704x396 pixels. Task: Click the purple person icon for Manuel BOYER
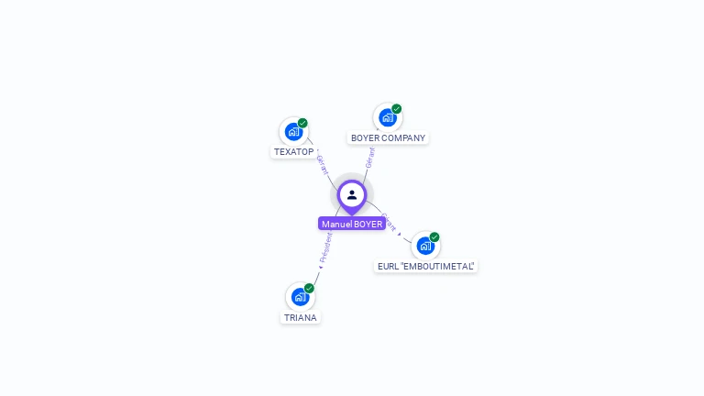pyautogui.click(x=352, y=194)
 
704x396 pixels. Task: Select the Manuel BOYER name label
pyautogui.click(x=352, y=224)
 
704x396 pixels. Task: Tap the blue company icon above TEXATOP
pyautogui.click(x=293, y=131)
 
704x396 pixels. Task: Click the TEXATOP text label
pyautogui.click(x=294, y=151)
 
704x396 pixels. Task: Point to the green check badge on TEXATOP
pyautogui.click(x=302, y=123)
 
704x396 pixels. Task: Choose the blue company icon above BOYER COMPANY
pyautogui.click(x=388, y=117)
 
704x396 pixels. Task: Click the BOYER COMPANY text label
pyautogui.click(x=389, y=137)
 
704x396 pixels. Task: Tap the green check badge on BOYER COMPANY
pyautogui.click(x=397, y=109)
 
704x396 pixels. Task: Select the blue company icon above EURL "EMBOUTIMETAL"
pyautogui.click(x=425, y=245)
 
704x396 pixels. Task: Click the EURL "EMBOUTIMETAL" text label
pyautogui.click(x=426, y=266)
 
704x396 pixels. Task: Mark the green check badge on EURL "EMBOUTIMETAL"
pyautogui.click(x=434, y=236)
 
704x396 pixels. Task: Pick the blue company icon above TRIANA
pyautogui.click(x=300, y=296)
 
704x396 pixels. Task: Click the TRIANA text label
pyautogui.click(x=301, y=317)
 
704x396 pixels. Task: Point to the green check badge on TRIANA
pyautogui.click(x=309, y=288)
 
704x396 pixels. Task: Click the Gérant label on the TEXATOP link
pyautogui.click(x=323, y=165)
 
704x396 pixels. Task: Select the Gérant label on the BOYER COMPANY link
pyautogui.click(x=370, y=158)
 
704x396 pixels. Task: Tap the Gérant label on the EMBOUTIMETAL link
pyautogui.click(x=389, y=223)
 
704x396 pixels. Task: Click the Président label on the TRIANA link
pyautogui.click(x=326, y=247)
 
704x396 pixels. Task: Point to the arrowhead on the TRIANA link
pyautogui.click(x=320, y=267)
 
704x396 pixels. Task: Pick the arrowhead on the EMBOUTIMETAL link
pyautogui.click(x=400, y=235)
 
